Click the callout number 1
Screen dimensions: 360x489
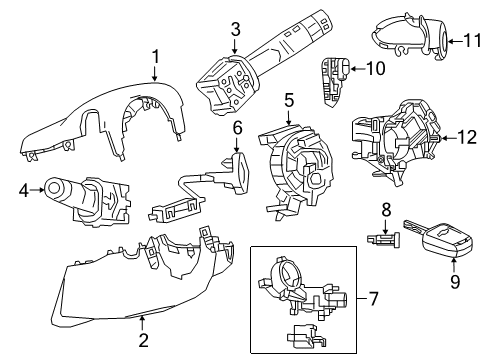click(155, 57)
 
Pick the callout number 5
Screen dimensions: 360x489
click(287, 100)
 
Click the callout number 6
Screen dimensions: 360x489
click(237, 128)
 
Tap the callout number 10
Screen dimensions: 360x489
click(375, 69)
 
